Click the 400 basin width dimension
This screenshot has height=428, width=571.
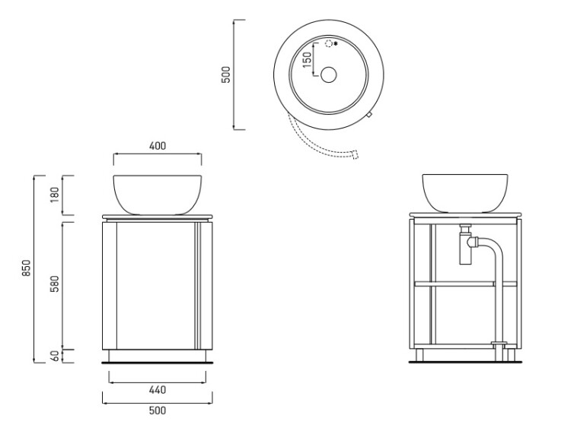158,146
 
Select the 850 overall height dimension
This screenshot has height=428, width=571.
27,268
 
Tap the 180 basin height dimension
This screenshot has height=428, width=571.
54,195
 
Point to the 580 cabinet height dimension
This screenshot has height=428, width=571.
54,285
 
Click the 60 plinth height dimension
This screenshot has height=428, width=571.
55,356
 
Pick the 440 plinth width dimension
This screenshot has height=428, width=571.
158,390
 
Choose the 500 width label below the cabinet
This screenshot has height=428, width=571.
158,411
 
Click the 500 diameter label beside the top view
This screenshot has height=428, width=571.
226,75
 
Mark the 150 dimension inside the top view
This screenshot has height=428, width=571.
307,59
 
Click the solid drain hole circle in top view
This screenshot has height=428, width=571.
328,75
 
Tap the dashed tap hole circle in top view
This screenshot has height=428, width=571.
329,44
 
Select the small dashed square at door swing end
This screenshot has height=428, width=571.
355,155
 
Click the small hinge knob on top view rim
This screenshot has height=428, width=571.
368,115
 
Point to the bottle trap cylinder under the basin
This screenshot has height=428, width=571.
465,249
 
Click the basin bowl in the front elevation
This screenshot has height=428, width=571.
158,195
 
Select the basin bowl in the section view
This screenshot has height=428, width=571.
465,193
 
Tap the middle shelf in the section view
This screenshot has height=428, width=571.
465,284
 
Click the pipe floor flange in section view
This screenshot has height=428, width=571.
499,343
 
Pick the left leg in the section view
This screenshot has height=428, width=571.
419,355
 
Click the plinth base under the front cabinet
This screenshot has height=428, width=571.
158,356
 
